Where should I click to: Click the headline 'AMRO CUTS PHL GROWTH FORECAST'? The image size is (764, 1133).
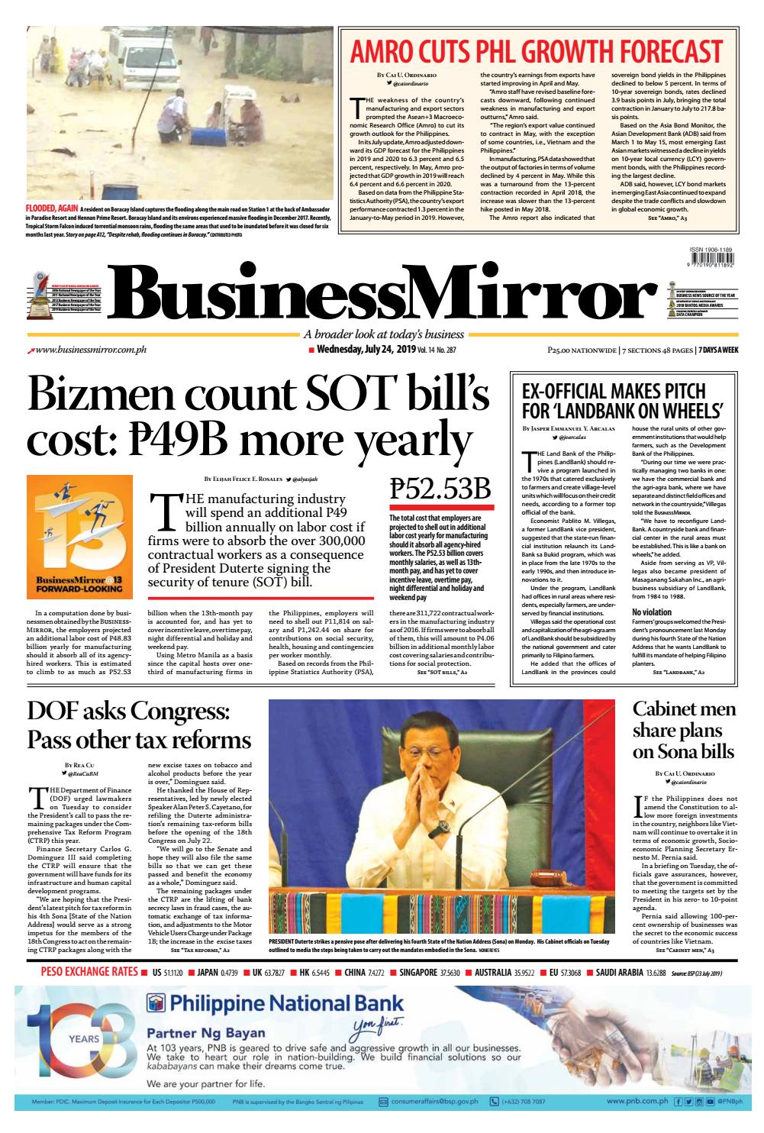click(535, 52)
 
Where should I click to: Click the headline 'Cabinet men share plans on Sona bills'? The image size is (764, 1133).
click(684, 729)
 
